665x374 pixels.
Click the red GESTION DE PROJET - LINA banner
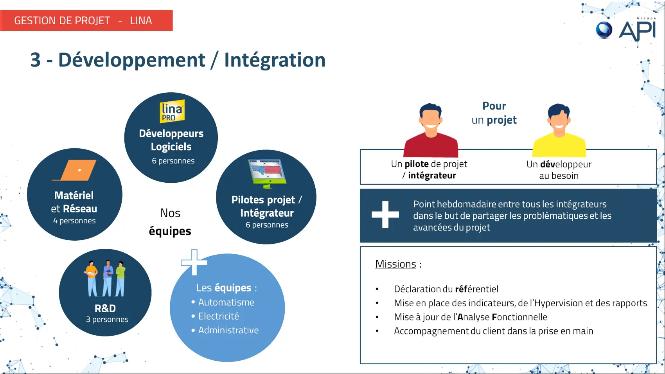(86, 20)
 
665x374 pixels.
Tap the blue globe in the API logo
(604, 30)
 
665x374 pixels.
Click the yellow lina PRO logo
(172, 111)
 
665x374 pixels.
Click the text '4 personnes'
(74, 221)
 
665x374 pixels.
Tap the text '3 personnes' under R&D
(107, 319)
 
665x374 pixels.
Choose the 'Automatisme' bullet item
(226, 302)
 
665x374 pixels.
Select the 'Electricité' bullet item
(219, 316)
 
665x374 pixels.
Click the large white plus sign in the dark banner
(385, 215)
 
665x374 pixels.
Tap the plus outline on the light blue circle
(194, 262)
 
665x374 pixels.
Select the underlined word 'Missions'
(396, 264)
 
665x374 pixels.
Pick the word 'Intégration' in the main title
(275, 60)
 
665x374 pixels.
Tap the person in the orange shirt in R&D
(92, 279)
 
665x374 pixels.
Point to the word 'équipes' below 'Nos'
(170, 231)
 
